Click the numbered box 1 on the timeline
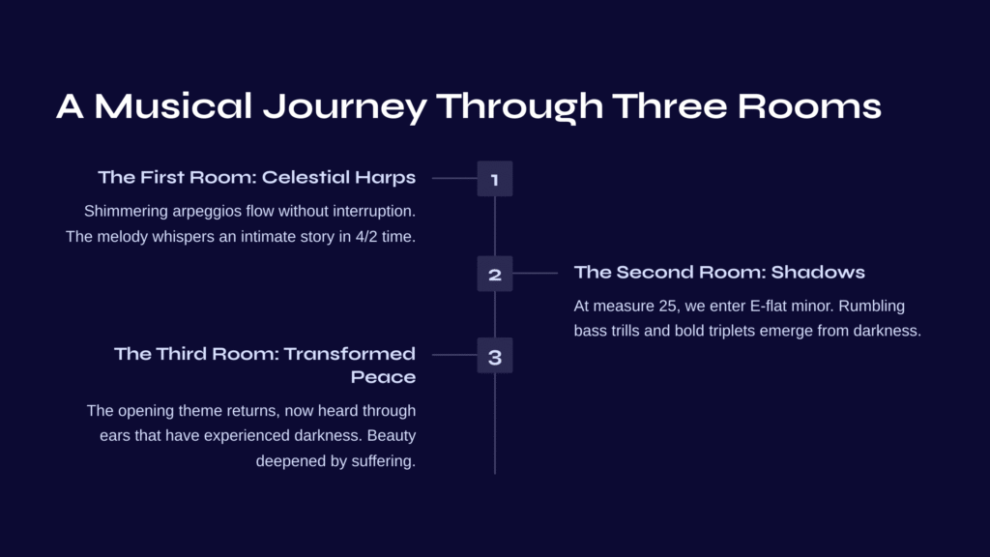[x=494, y=179]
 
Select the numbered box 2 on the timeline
[x=494, y=274]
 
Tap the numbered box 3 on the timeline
[x=494, y=355]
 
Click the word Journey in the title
[x=345, y=106]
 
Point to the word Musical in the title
[x=174, y=105]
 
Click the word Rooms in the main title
[x=809, y=105]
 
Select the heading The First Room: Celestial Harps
[x=257, y=177]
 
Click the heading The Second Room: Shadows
[x=719, y=272]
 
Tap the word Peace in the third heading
[x=383, y=377]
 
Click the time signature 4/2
[x=366, y=237]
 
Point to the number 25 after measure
[x=667, y=307]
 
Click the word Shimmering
[x=126, y=212]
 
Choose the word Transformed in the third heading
[x=349, y=354]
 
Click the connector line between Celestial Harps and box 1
[x=454, y=178]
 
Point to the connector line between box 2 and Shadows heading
[x=536, y=274]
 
